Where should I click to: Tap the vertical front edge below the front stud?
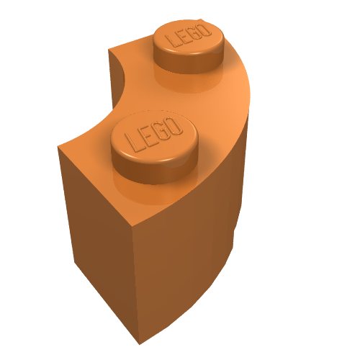coord(133,281)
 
